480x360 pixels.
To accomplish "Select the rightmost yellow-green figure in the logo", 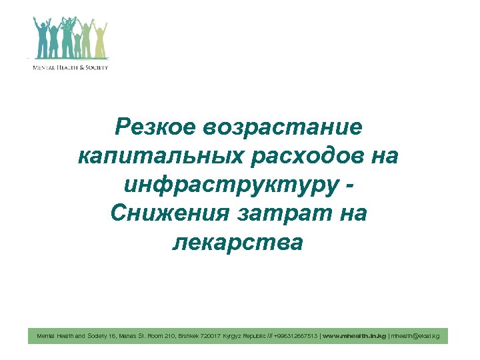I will (101, 41).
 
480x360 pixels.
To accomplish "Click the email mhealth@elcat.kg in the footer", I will (415, 336).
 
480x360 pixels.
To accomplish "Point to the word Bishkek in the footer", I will (193, 336).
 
